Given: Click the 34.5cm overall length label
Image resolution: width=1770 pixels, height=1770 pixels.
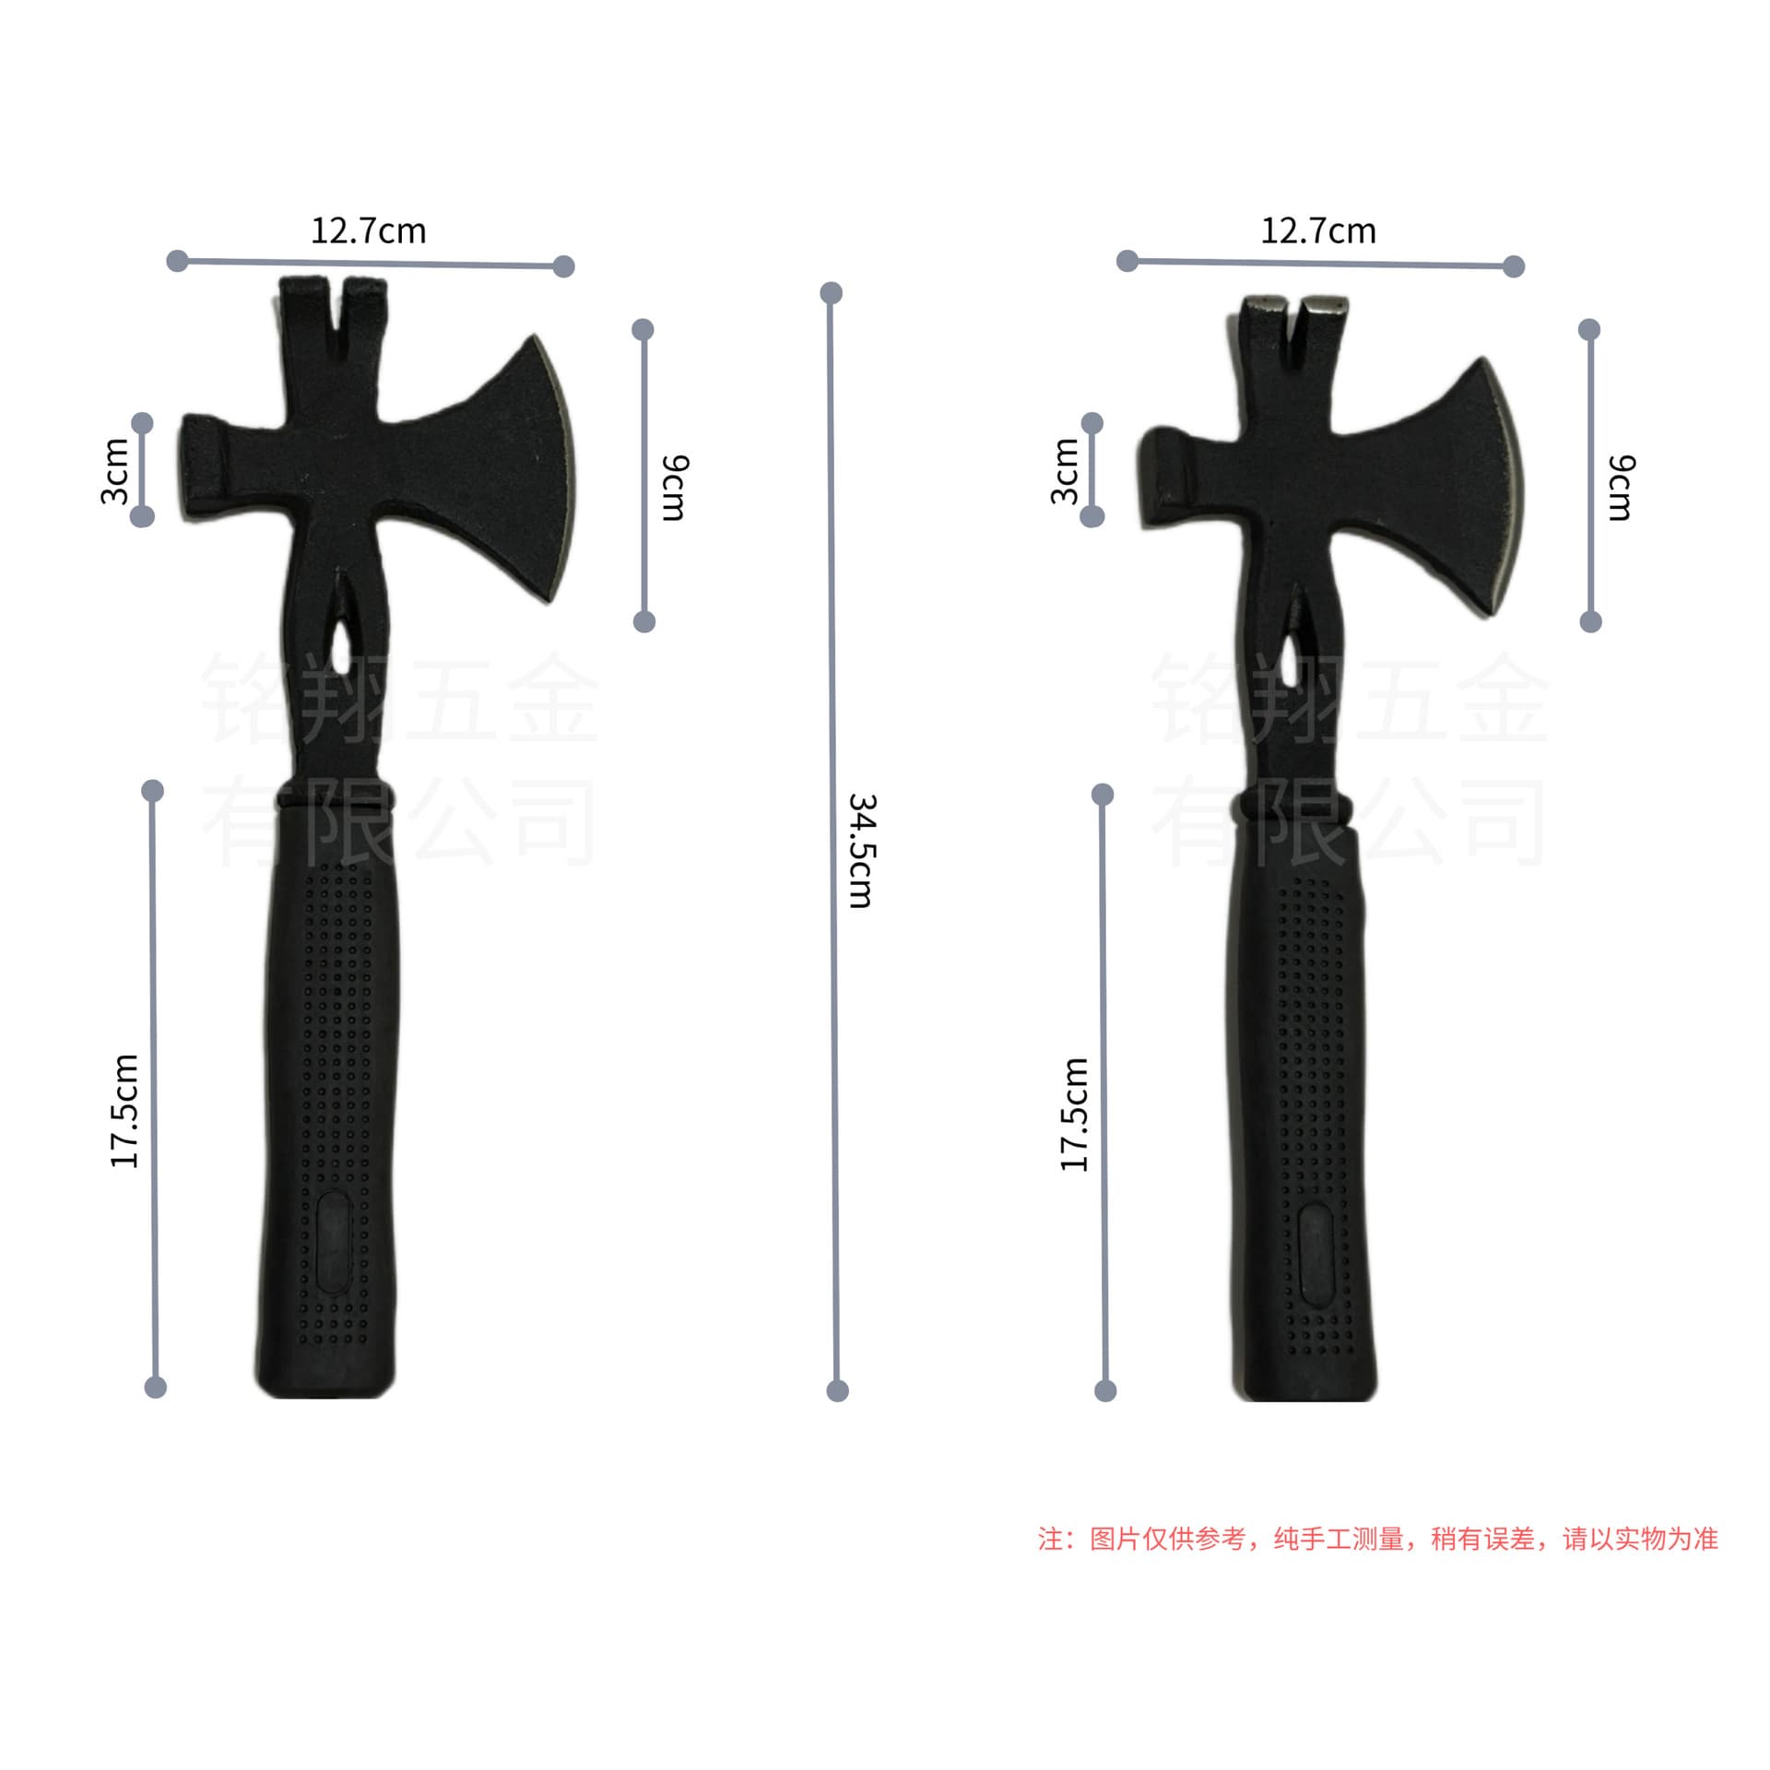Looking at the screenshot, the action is tap(861, 850).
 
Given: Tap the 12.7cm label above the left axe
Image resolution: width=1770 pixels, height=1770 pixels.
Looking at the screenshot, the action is tap(369, 230).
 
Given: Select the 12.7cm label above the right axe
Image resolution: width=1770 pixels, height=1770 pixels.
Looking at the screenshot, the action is tap(1318, 230).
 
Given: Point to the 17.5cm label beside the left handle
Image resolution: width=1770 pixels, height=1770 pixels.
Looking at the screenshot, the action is tap(124, 1111).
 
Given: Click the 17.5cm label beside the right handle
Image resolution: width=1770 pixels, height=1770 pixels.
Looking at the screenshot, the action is tap(1074, 1115).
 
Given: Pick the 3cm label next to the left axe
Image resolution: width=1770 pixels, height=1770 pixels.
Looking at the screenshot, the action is tap(114, 471).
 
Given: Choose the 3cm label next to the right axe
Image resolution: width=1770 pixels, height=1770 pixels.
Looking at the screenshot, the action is tap(1065, 471).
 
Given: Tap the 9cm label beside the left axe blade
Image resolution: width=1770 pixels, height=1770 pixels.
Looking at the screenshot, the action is tap(675, 488).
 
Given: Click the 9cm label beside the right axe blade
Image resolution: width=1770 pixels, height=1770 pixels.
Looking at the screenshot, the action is tap(1621, 488).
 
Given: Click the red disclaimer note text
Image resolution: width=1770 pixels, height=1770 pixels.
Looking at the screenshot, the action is tap(1378, 1539).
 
